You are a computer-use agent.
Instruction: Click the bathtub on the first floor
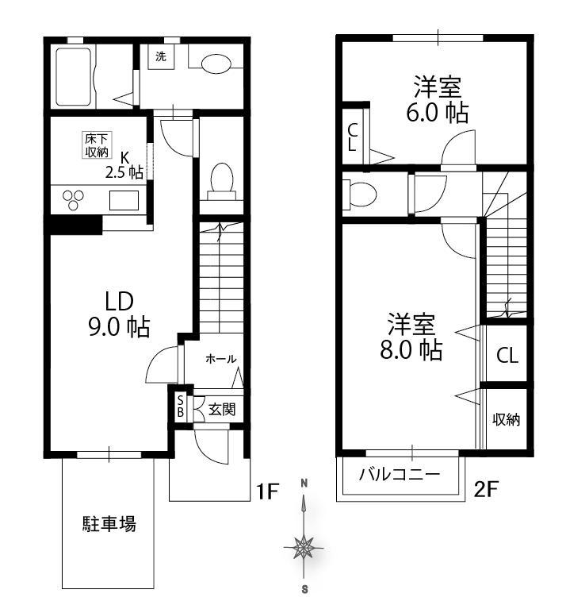pos(74,76)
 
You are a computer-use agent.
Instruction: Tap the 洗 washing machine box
pos(161,56)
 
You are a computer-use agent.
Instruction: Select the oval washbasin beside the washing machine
pos(216,64)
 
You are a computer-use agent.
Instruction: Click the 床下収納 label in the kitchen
pos(97,145)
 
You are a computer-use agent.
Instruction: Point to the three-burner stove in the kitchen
pos(73,199)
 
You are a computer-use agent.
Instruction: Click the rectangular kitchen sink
pos(124,200)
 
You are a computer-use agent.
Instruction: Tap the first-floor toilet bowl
pos(222,179)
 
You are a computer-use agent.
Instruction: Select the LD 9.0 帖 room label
pos(119,314)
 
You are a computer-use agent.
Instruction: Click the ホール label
pos(221,359)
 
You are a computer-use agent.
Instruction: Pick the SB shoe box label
pos(180,407)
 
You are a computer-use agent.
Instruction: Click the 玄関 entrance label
pos(222,409)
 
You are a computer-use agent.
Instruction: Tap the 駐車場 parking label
pos(109,523)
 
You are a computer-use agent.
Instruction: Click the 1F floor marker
pos(267,491)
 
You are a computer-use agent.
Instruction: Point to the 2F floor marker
pos(486,489)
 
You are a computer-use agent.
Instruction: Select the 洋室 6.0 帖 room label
pos(438,99)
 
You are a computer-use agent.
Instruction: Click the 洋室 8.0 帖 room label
pos(411,336)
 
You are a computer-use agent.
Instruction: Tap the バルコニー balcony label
pos(400,473)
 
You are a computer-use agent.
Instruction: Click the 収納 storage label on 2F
pos(506,419)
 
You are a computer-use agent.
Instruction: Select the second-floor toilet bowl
pos(360,194)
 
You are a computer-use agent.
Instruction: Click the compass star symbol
pos(304,548)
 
